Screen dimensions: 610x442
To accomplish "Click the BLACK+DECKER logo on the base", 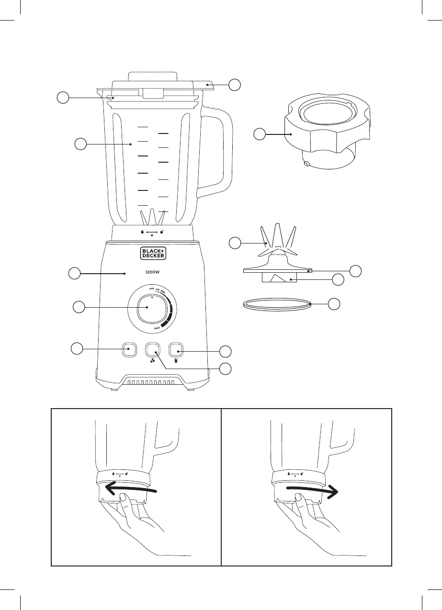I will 153,254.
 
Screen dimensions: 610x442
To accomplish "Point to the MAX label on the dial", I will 157,329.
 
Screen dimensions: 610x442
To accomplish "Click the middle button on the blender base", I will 153,350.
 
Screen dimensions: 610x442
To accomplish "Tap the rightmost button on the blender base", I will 176,350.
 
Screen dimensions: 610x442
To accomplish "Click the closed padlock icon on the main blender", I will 142,232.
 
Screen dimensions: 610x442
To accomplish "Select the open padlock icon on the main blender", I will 163,232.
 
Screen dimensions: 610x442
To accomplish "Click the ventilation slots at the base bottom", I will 152,383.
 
